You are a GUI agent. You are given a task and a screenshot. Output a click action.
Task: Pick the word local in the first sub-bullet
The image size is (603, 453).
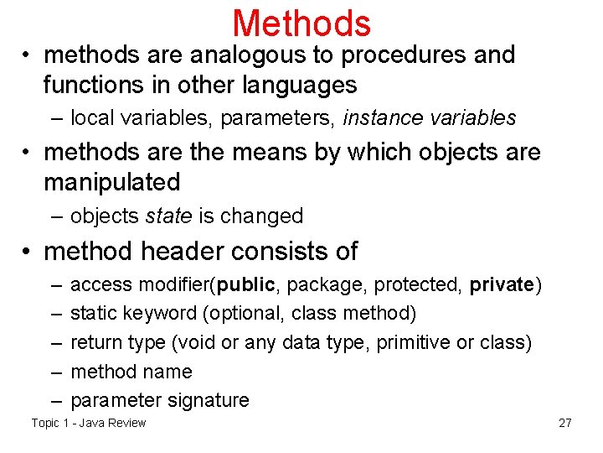(x=90, y=118)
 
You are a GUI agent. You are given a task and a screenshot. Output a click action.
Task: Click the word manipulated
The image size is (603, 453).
(x=112, y=182)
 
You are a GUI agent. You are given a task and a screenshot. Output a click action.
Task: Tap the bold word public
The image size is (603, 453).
(x=245, y=284)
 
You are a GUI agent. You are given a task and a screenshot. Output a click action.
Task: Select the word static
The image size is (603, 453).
(x=94, y=314)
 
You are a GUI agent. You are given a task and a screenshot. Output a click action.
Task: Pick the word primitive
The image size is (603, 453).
(x=412, y=342)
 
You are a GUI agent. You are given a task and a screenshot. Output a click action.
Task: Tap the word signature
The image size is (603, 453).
(x=211, y=400)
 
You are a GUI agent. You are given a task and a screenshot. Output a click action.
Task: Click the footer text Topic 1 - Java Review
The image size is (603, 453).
(x=89, y=423)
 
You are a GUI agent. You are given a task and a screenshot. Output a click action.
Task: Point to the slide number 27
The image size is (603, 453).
(x=565, y=423)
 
